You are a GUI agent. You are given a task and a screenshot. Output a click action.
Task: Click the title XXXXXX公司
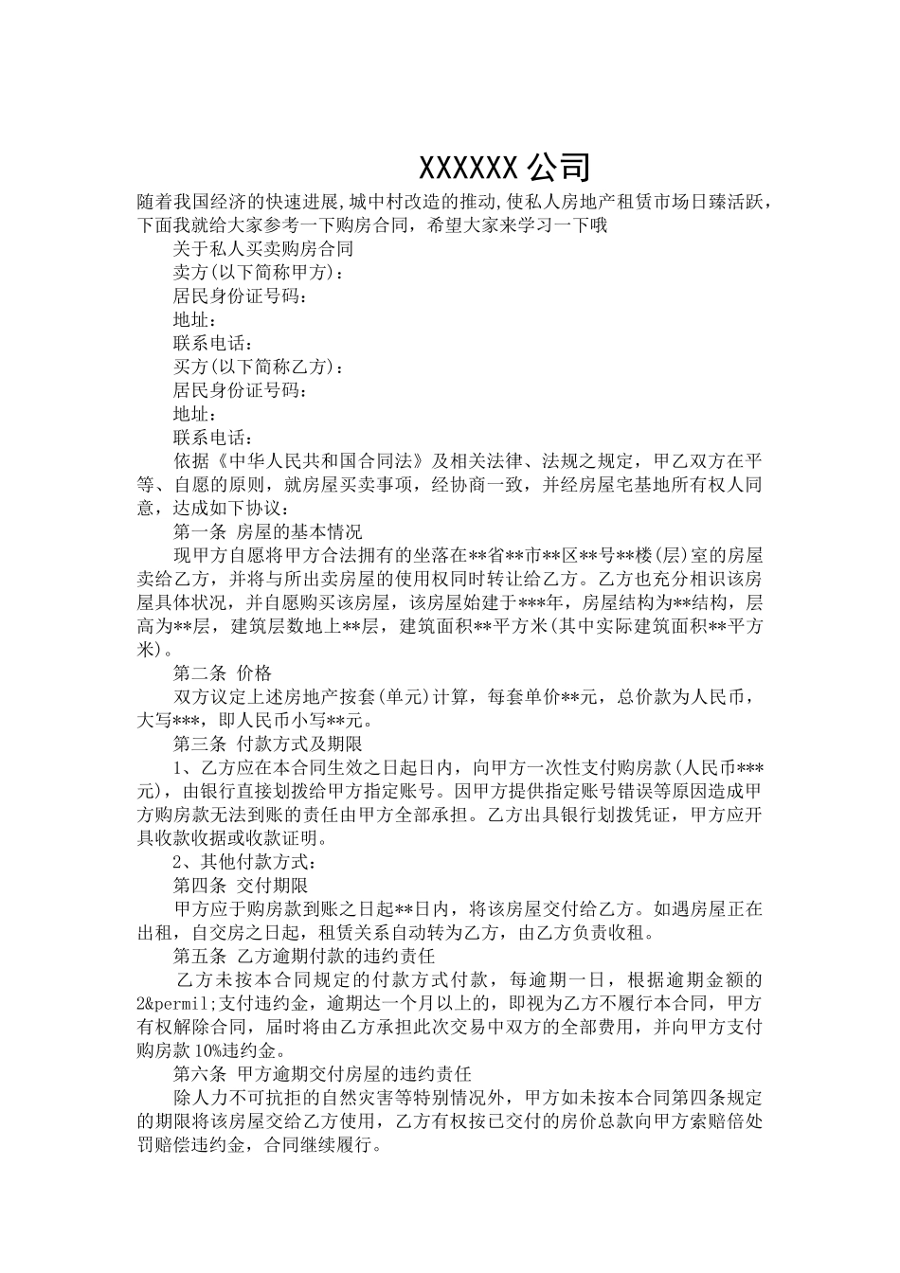coord(505,167)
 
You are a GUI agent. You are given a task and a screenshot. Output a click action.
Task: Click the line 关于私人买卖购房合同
coord(262,249)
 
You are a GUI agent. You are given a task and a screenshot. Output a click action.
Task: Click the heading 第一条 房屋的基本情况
coord(267,531)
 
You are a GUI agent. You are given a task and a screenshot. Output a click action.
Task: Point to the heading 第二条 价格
coord(222,673)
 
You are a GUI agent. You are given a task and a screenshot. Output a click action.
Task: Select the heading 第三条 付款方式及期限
coord(267,744)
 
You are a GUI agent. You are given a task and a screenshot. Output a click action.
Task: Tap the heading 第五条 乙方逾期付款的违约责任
coord(303,956)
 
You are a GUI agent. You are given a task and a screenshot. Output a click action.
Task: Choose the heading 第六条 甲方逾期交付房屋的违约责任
coord(322,1074)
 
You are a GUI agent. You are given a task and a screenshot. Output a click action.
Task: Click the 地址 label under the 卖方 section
coord(194,320)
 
